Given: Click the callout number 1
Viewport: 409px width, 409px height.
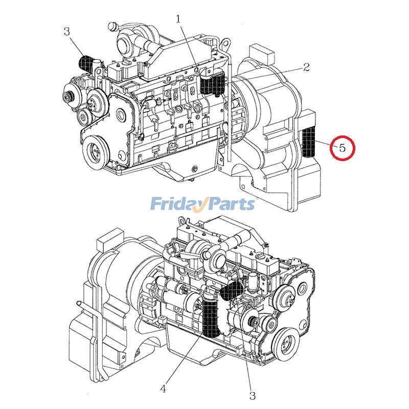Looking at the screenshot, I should pos(178,19).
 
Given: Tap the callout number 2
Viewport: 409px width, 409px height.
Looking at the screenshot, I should pos(307,67).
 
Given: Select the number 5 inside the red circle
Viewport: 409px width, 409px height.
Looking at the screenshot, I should pos(342,148).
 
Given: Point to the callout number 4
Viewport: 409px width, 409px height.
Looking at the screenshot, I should pos(163,389).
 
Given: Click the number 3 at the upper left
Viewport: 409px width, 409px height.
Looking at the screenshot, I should pos(66,32).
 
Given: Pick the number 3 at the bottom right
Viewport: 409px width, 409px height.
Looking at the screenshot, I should pos(252,395).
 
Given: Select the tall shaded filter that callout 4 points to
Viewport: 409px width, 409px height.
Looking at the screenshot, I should pos(210,317).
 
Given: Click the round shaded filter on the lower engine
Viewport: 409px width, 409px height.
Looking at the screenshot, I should pos(233,292).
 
